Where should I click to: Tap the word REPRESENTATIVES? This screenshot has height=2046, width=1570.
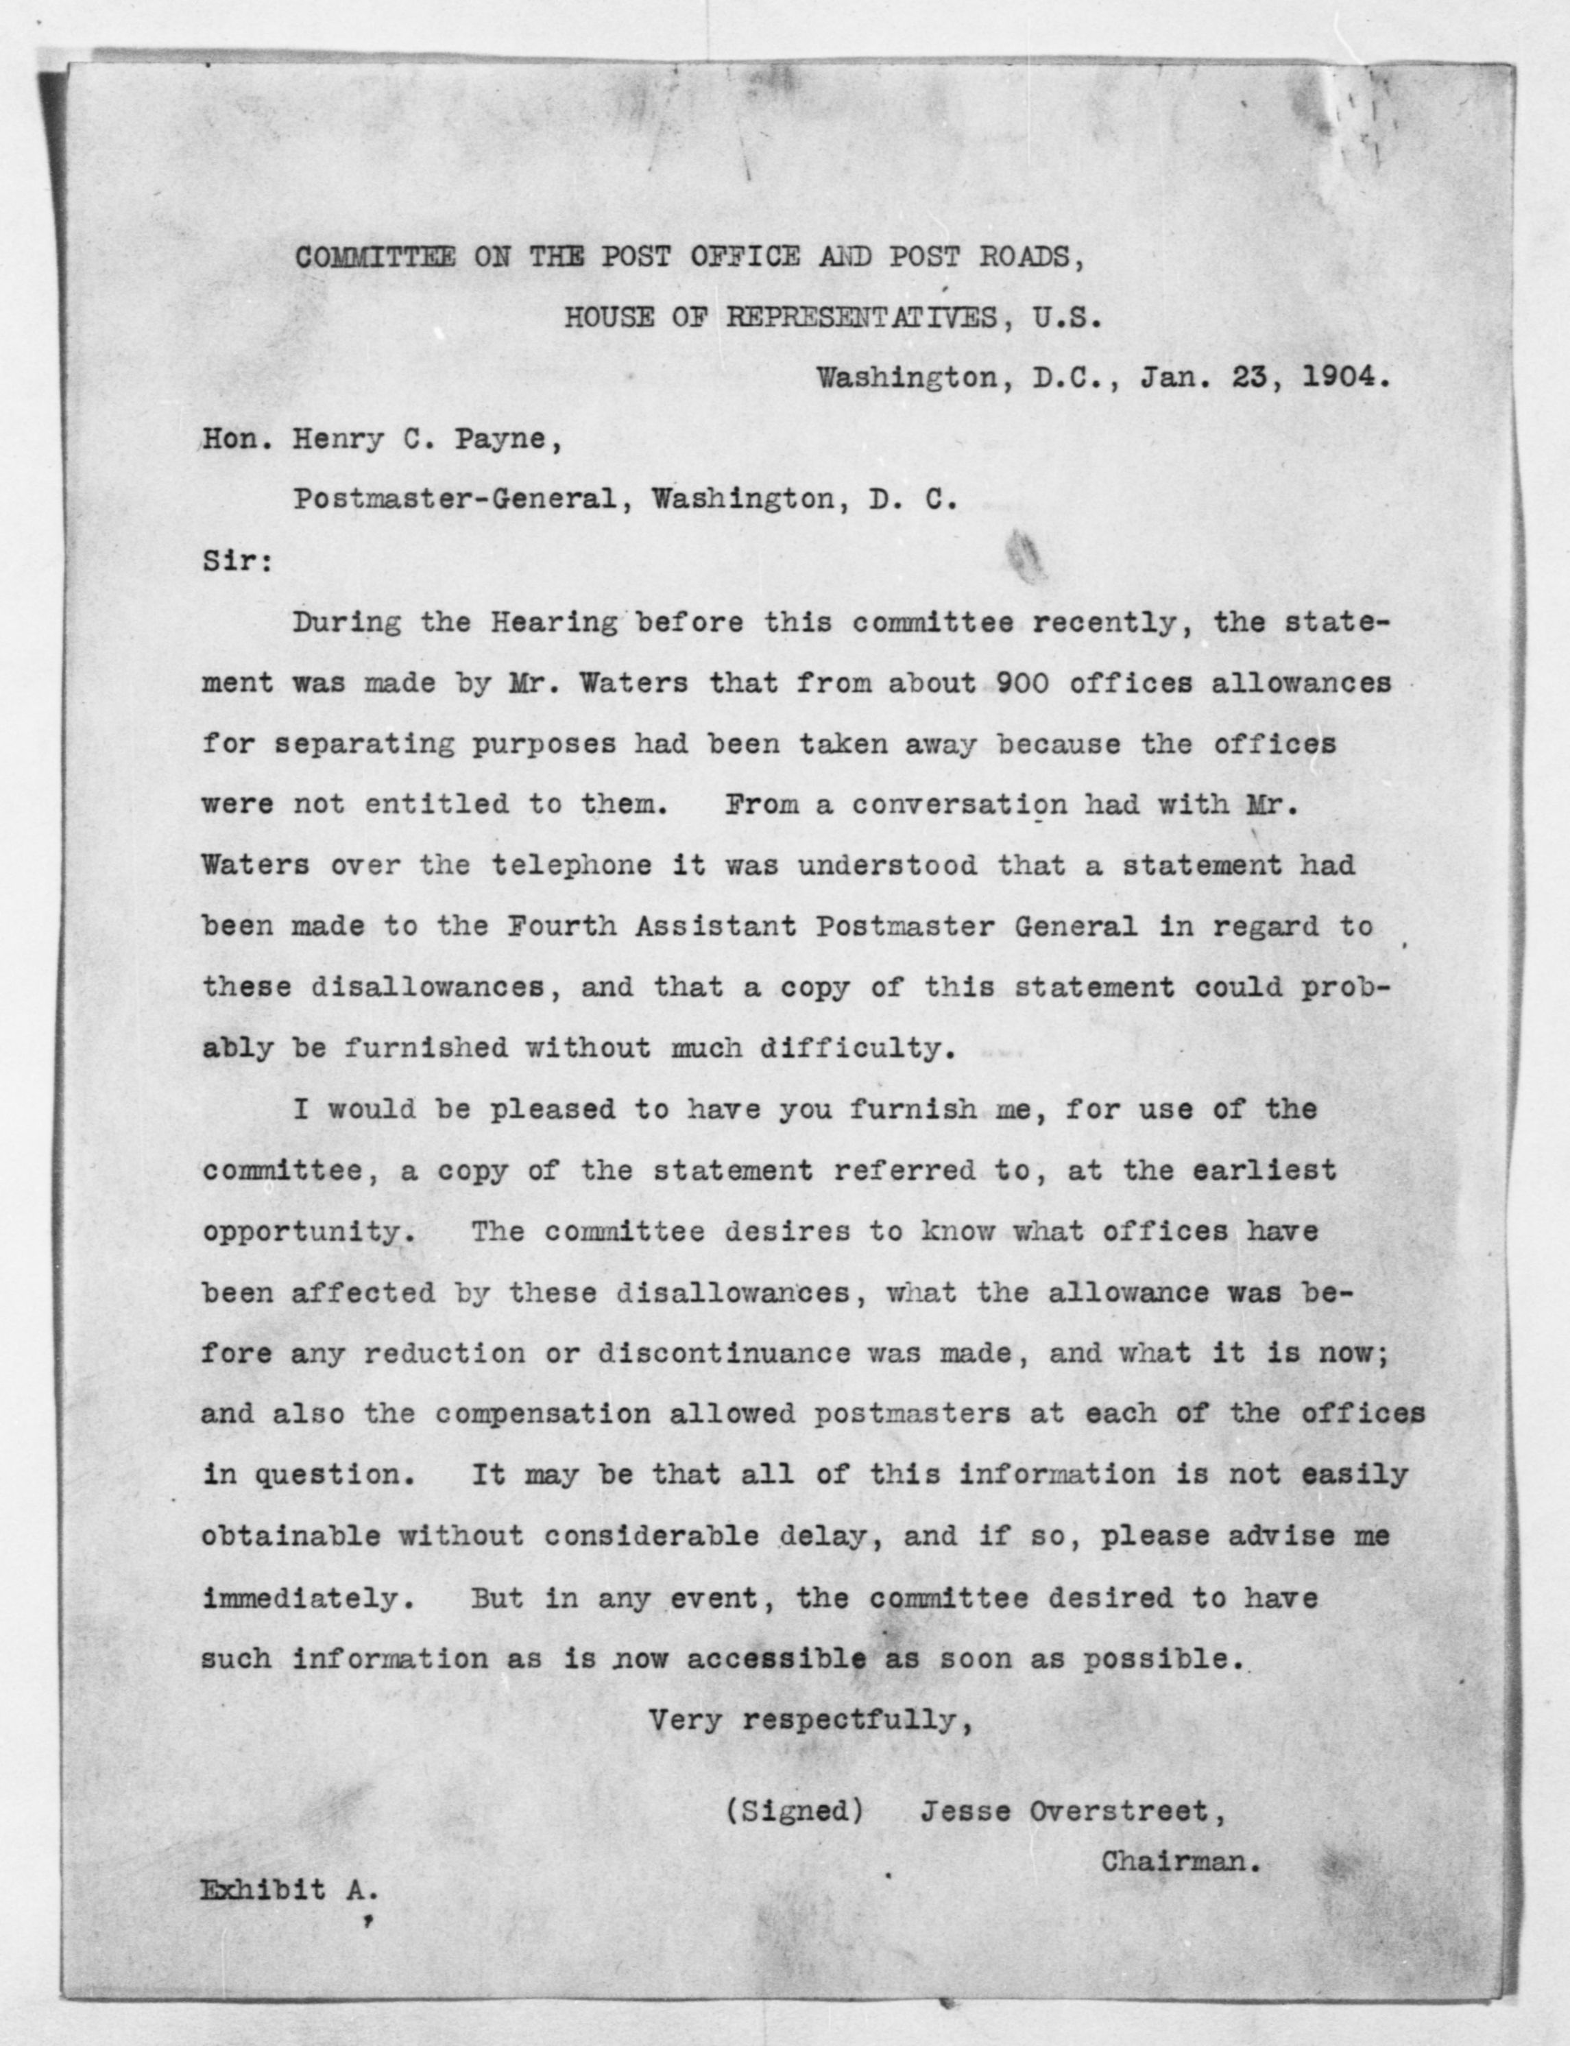tap(862, 318)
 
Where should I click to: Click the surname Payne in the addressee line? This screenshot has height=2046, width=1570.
tap(507, 439)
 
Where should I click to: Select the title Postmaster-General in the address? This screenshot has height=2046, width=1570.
tap(455, 499)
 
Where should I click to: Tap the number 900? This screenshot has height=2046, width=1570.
tap(1024, 683)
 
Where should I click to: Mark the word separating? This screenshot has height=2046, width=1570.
tap(365, 745)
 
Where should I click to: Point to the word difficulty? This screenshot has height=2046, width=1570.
tap(857, 1049)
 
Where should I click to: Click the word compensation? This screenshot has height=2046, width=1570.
tap(542, 1414)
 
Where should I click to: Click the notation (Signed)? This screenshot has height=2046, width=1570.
tap(795, 1811)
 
